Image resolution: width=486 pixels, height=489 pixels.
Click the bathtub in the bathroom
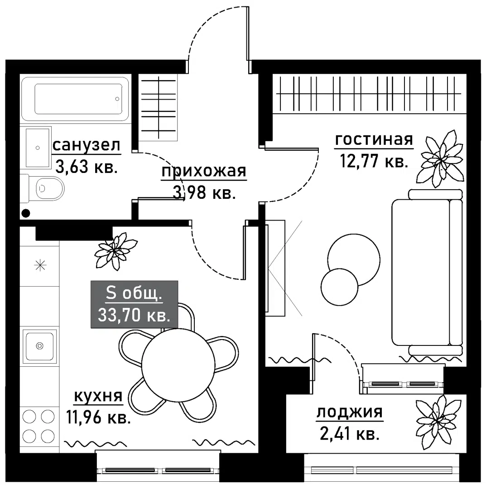tap(75, 99)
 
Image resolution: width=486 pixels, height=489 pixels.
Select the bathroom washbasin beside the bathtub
tap(38, 148)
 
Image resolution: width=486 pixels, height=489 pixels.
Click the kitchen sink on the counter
tap(39, 345)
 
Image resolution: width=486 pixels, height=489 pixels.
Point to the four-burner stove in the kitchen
tap(38, 426)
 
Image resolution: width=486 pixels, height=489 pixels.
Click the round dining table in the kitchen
tap(178, 365)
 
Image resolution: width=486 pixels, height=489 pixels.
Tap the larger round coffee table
tap(354, 260)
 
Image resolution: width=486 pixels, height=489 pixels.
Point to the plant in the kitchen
tap(116, 251)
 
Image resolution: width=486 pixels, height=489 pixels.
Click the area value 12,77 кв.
tap(374, 161)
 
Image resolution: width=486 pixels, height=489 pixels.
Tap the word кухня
tap(98, 396)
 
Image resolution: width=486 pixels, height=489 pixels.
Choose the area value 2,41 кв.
tap(349, 433)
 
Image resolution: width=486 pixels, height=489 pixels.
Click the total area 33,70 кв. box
tap(135, 304)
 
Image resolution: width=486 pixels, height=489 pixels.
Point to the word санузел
tap(87, 145)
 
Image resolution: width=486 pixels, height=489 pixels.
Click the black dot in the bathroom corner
tap(26, 213)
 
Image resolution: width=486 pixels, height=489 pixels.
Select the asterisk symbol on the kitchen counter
tap(40, 266)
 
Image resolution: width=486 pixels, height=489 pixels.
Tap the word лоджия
tap(349, 412)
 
